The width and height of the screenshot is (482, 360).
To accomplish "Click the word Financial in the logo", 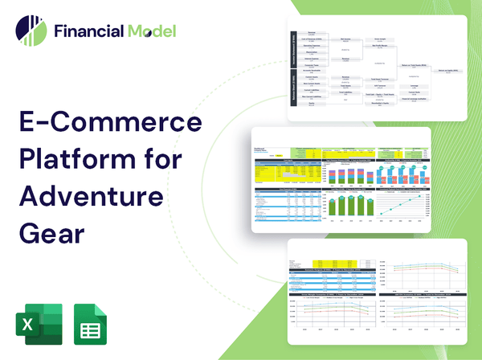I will (x=88, y=32).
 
